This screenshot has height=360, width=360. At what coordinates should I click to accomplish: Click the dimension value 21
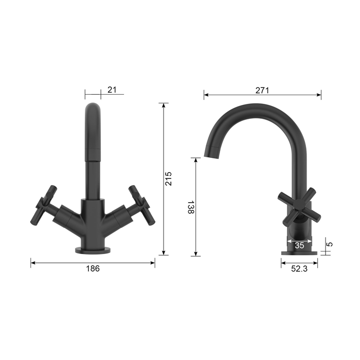point(112,90)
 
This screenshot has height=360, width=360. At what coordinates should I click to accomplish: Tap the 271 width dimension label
point(262,91)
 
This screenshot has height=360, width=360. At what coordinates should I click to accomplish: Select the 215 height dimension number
point(169,178)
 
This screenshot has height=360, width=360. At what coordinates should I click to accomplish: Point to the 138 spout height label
point(191,207)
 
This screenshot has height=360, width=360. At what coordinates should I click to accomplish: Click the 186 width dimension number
point(93,268)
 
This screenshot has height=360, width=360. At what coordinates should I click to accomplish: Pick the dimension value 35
point(299,245)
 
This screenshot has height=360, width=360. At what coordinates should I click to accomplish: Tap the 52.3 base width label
point(299,268)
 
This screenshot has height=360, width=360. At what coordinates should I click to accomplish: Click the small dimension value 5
point(330,244)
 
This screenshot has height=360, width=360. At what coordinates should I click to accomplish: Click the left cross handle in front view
point(44,205)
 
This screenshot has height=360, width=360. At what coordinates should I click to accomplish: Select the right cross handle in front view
point(141,205)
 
